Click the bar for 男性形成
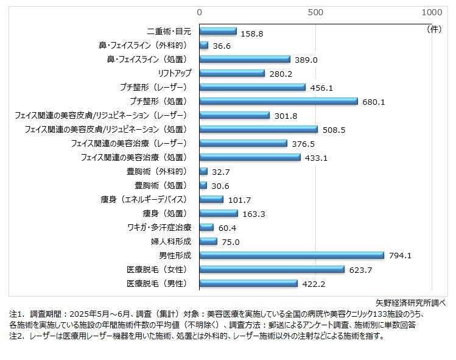[292, 255]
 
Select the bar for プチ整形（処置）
[279, 101]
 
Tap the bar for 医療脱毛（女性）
[272, 269]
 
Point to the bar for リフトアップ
[233, 73]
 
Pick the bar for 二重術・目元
[218, 31]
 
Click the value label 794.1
[399, 256]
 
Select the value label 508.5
[333, 130]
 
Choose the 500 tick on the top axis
[315, 12]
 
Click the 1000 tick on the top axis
[432, 12]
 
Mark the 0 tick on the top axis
[200, 12]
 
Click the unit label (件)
[435, 28]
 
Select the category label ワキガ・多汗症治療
[159, 227]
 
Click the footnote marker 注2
[16, 336]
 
